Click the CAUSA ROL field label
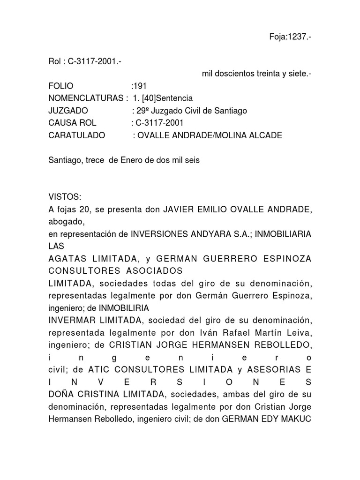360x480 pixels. (72, 123)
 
